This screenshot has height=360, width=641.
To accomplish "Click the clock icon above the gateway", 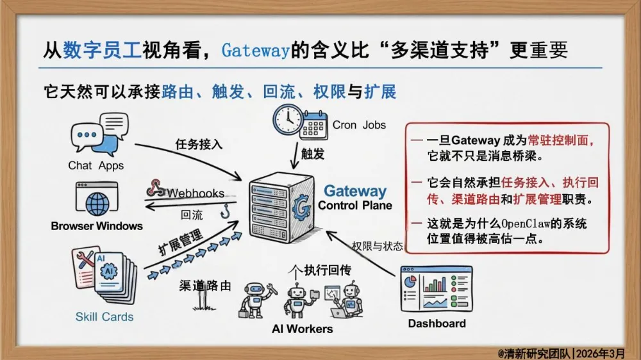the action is [288, 120].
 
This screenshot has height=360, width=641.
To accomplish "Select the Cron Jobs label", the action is [359, 125].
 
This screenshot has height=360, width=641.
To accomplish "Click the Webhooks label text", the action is [196, 193].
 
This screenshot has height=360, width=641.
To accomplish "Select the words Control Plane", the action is [354, 206].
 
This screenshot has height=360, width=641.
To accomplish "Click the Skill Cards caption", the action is [104, 316].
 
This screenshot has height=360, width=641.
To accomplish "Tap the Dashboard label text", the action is [437, 323].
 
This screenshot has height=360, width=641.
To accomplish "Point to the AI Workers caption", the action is [302, 329].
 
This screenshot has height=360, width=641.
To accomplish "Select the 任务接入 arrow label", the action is [199, 144].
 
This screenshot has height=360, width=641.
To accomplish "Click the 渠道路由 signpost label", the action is [204, 286].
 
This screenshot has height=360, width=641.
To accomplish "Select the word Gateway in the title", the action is [256, 50].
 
